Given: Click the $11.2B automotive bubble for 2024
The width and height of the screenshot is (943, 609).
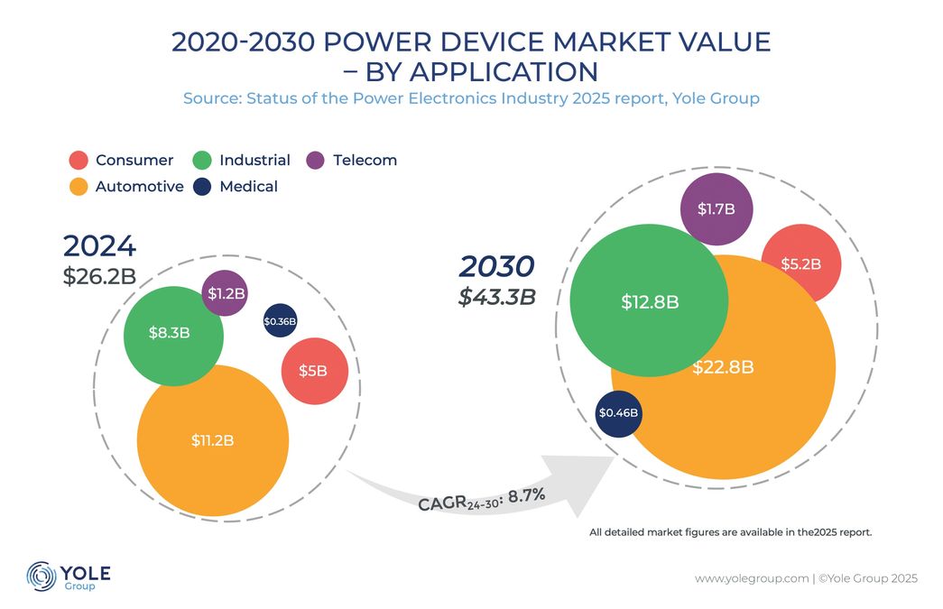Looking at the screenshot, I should (x=213, y=440).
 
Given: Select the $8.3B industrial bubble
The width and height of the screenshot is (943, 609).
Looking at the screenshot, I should (x=172, y=333).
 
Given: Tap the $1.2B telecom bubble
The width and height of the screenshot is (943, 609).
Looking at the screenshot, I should (x=226, y=293).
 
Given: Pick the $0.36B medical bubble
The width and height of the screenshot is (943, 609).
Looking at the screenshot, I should (x=280, y=321).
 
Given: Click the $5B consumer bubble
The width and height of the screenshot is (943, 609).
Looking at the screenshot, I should (x=315, y=371).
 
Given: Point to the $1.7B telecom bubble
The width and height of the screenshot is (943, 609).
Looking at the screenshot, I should (x=716, y=209).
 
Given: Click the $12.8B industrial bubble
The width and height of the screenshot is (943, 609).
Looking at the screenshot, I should (x=650, y=301).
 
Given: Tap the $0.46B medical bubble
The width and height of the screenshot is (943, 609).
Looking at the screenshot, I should (x=618, y=413).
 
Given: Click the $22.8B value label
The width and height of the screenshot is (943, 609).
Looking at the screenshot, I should (x=723, y=367).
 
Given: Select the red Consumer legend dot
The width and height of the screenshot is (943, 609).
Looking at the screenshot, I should (x=79, y=161).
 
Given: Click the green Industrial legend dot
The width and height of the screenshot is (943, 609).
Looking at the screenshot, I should (x=202, y=161).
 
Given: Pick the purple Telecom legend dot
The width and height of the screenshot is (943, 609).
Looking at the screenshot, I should (x=316, y=161).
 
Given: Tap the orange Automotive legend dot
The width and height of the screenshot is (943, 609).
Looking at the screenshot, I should (x=79, y=187).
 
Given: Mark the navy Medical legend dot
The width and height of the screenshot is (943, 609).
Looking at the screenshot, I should (x=202, y=187).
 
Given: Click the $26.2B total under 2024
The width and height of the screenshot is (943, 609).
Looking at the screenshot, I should (x=99, y=276).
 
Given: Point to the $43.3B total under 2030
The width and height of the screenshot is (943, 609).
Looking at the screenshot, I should (x=496, y=297).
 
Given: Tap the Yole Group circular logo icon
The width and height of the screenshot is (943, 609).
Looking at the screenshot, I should (x=41, y=576).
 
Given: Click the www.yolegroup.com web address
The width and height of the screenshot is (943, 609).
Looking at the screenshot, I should (x=751, y=578).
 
